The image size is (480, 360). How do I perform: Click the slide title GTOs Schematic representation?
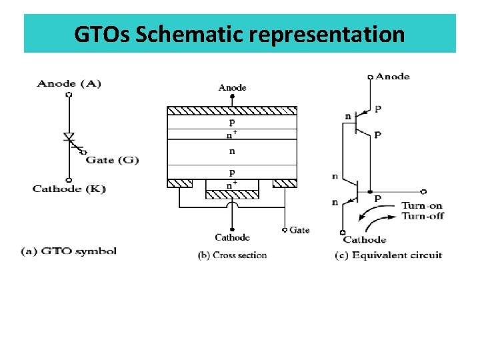pos(239,33)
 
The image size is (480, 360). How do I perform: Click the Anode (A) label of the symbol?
pos(69,83)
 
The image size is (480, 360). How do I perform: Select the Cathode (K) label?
pos(69,189)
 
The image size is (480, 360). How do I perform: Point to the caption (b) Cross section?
pos(232,255)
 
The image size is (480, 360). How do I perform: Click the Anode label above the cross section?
pos(232,87)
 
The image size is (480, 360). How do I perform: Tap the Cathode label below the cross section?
pos(232,237)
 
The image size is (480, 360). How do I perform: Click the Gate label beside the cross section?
pos(299,230)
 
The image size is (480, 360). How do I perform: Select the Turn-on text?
pos(422,206)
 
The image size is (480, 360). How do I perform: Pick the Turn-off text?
pos(422,216)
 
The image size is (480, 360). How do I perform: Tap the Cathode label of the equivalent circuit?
pos(365,240)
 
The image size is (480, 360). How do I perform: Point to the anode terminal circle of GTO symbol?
pos(69,95)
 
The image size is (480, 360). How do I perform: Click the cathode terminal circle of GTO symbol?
pos(69,179)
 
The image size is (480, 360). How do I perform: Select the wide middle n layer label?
pos(232,151)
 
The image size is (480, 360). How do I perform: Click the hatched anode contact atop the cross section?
pos(232,110)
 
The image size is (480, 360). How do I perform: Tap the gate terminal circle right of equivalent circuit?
pos(424,192)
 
